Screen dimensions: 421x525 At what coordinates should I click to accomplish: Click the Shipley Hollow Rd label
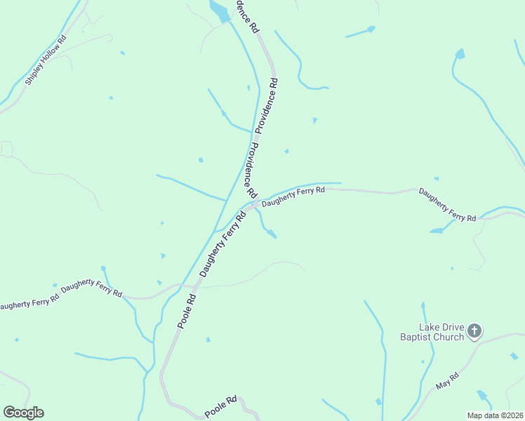pos(46,60)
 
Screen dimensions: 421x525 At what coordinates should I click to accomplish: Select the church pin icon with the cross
pos(475,330)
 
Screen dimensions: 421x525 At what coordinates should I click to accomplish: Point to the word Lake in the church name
pos(430,327)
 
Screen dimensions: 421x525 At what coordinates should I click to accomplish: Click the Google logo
pos(23,413)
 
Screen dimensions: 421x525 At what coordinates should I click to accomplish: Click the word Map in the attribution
pos(476,415)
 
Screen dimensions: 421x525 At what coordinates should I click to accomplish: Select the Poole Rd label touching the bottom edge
pos(221,405)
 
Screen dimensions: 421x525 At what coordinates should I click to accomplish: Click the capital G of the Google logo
pos(9,412)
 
